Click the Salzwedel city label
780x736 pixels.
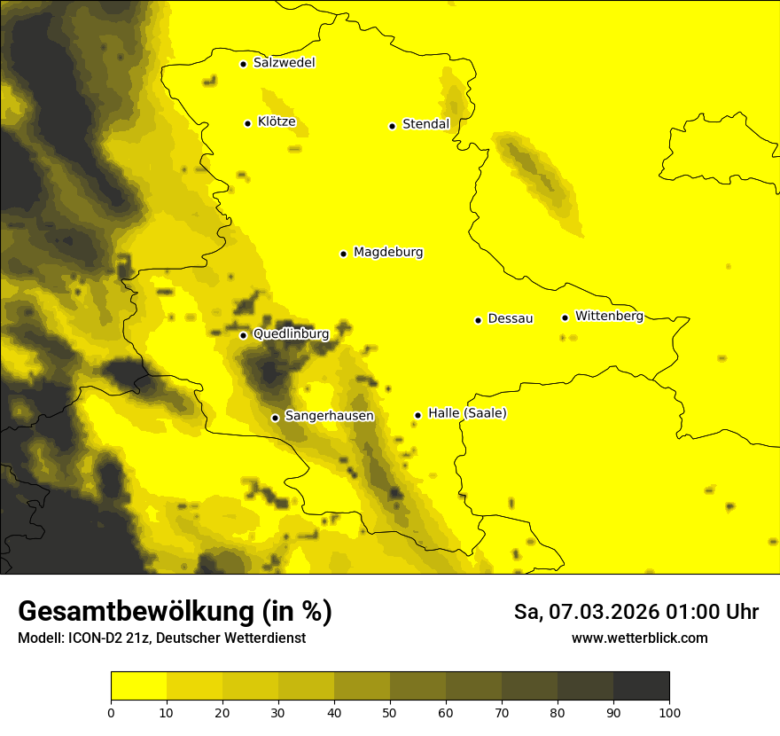284,63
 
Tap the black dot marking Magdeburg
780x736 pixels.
343,254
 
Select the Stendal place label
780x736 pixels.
425,124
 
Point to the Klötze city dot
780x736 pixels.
247,123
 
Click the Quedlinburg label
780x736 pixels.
291,334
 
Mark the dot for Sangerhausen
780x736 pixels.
275,418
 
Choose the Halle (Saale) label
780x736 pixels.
467,413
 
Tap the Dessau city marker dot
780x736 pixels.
478,320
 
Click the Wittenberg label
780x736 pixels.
609,316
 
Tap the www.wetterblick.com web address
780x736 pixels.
639,638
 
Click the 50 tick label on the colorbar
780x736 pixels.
390,712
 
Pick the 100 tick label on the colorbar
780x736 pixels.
669,712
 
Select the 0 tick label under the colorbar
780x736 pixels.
111,712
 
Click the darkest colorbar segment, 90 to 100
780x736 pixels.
641,686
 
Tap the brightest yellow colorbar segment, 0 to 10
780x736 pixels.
138,686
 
